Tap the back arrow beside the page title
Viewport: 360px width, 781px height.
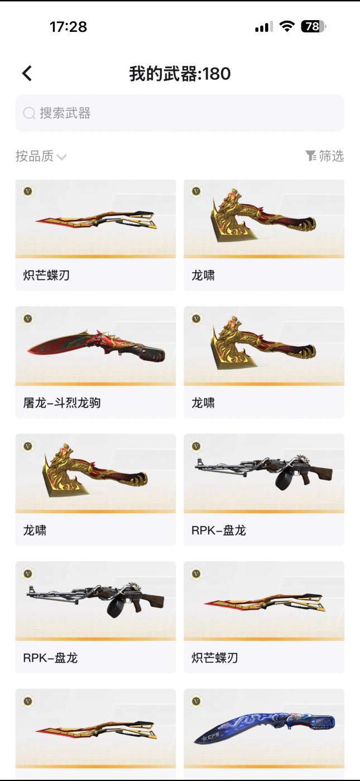pyautogui.click(x=27, y=74)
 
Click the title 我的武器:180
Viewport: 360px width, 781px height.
pyautogui.click(x=180, y=74)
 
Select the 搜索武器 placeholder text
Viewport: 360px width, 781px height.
pyautogui.click(x=65, y=113)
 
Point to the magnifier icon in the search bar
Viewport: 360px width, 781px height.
pyautogui.click(x=29, y=113)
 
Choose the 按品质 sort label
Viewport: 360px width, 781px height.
pyautogui.click(x=35, y=156)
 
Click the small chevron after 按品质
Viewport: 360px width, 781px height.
pyautogui.click(x=61, y=157)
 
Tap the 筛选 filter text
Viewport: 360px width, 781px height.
pyautogui.click(x=331, y=156)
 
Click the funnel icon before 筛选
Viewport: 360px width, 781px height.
pyautogui.click(x=311, y=156)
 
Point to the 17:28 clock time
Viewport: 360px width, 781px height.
pyautogui.click(x=68, y=27)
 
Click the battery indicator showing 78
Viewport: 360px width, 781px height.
pyautogui.click(x=313, y=27)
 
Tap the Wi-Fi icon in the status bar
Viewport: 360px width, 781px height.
pyautogui.click(x=287, y=27)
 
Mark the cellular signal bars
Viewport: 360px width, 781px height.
pyautogui.click(x=264, y=27)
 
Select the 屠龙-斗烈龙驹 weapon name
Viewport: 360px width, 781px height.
pyautogui.click(x=62, y=402)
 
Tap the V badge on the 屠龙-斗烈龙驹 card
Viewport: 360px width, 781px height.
pyautogui.click(x=28, y=319)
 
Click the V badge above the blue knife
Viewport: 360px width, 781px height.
pyautogui.click(x=196, y=701)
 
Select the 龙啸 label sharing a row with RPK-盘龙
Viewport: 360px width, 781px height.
pyautogui.click(x=35, y=530)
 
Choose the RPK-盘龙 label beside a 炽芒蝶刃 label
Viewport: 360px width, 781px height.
pyautogui.click(x=50, y=658)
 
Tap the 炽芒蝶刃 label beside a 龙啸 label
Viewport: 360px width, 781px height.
pyautogui.click(x=46, y=275)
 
